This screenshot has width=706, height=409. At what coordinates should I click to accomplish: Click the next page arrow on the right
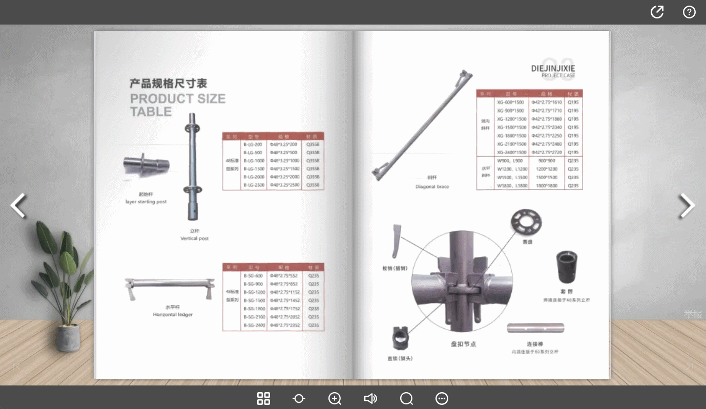(687, 205)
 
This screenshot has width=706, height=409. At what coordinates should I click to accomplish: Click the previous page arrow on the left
(18, 205)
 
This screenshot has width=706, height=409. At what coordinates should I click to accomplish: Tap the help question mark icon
(689, 12)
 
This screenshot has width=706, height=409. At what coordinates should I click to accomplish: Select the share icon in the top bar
(657, 12)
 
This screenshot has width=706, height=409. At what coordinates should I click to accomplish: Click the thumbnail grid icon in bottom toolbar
(263, 398)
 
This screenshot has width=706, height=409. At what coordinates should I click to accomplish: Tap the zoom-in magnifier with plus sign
(335, 398)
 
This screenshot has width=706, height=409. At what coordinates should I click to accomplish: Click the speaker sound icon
(370, 398)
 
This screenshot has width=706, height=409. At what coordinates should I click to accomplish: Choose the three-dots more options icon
(442, 398)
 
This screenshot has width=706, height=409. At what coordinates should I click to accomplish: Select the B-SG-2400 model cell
(254, 326)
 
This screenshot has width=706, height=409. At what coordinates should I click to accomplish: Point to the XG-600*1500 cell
(511, 102)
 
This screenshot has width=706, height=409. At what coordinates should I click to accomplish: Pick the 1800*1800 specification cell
(547, 186)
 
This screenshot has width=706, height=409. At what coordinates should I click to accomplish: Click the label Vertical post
(194, 239)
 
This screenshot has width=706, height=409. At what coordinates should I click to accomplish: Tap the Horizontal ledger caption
(173, 314)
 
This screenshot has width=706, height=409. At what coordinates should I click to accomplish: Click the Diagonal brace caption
(432, 187)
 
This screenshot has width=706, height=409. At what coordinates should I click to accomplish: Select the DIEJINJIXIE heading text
(553, 68)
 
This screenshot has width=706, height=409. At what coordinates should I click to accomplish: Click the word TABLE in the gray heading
(151, 112)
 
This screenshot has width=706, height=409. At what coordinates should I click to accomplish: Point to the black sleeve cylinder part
(567, 267)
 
